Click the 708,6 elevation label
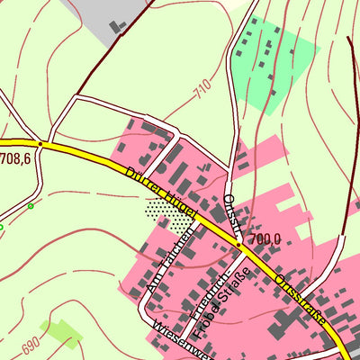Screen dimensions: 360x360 (x=16, y=158)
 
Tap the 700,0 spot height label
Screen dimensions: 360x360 (x=263, y=238)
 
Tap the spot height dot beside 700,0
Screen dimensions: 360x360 (x=238, y=243)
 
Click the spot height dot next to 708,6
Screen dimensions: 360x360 (x=40, y=143)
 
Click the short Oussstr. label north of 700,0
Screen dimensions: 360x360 (x=232, y=211)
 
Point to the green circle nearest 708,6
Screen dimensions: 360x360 (x=31, y=206)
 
